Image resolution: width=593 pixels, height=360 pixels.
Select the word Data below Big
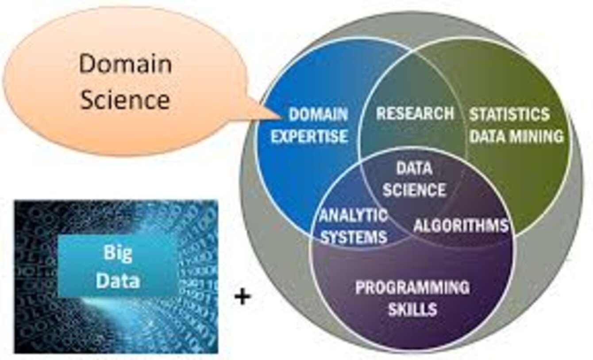(x=118, y=280)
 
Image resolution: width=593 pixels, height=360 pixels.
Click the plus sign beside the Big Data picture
(x=242, y=296)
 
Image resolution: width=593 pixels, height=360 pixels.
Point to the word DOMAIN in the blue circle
(x=318, y=115)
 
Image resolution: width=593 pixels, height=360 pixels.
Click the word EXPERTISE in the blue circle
(x=309, y=136)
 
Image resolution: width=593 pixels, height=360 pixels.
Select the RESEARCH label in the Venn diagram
(x=415, y=114)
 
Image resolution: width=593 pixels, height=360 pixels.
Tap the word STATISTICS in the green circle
(x=509, y=115)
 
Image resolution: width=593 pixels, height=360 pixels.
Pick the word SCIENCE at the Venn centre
(x=414, y=190)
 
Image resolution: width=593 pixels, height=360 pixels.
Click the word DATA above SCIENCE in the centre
(x=414, y=169)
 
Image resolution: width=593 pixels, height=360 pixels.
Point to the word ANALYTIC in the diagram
(x=354, y=216)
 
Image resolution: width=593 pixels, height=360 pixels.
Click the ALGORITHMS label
(x=461, y=226)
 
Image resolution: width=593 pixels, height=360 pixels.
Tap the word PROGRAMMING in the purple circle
(x=412, y=288)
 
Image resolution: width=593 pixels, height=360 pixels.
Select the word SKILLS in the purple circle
(x=412, y=309)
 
